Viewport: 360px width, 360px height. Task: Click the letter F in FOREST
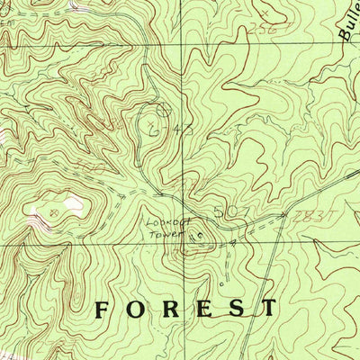click(x=105, y=309)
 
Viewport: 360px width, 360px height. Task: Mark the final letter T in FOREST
click(x=268, y=309)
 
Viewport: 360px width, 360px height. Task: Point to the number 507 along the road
click(x=229, y=213)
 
